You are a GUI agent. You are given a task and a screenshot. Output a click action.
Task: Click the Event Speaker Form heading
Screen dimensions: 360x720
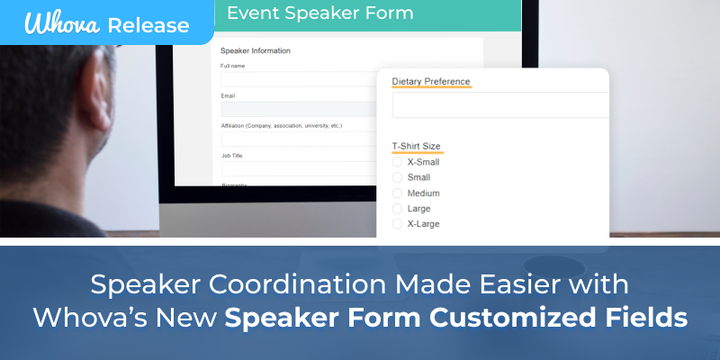pyautogui.click(x=319, y=13)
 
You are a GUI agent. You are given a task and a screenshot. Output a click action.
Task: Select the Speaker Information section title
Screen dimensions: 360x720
pyautogui.click(x=256, y=50)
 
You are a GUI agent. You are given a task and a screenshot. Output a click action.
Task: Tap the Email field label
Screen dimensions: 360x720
pyautogui.click(x=228, y=95)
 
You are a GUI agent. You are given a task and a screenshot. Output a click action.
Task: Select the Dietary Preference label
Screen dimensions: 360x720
pyautogui.click(x=431, y=82)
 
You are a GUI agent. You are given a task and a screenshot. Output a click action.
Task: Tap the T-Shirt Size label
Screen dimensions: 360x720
pyautogui.click(x=416, y=146)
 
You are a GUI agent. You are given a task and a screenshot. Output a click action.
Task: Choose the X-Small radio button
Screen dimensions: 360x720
pyautogui.click(x=398, y=163)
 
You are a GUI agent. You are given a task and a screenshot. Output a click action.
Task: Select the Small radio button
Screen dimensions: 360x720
pyautogui.click(x=398, y=178)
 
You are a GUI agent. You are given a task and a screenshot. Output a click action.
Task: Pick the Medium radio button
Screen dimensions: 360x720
pyautogui.click(x=398, y=193)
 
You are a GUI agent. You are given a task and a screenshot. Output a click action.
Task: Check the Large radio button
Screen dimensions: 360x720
pyautogui.click(x=398, y=209)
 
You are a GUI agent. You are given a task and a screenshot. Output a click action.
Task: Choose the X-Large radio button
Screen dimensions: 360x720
pyautogui.click(x=398, y=224)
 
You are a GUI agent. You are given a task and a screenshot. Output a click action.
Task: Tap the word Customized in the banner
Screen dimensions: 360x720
pyautogui.click(x=517, y=318)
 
